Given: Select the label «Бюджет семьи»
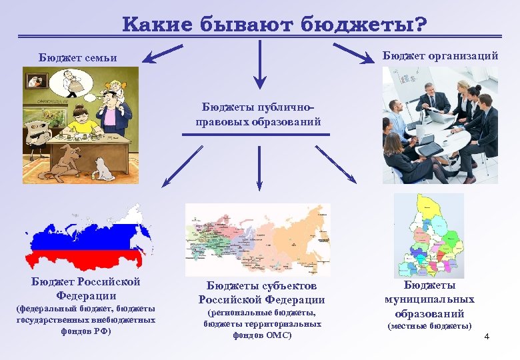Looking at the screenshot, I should tap(77, 58).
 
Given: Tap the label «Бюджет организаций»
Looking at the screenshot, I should tap(440, 56).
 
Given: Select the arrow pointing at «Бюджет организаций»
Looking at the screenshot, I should tap(353, 53).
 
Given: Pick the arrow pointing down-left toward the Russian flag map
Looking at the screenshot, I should tap(182, 167).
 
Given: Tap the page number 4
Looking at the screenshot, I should tap(487, 336).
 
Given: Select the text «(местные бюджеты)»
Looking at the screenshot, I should tap(429, 326).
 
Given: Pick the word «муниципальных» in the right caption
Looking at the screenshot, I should tap(429, 299).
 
